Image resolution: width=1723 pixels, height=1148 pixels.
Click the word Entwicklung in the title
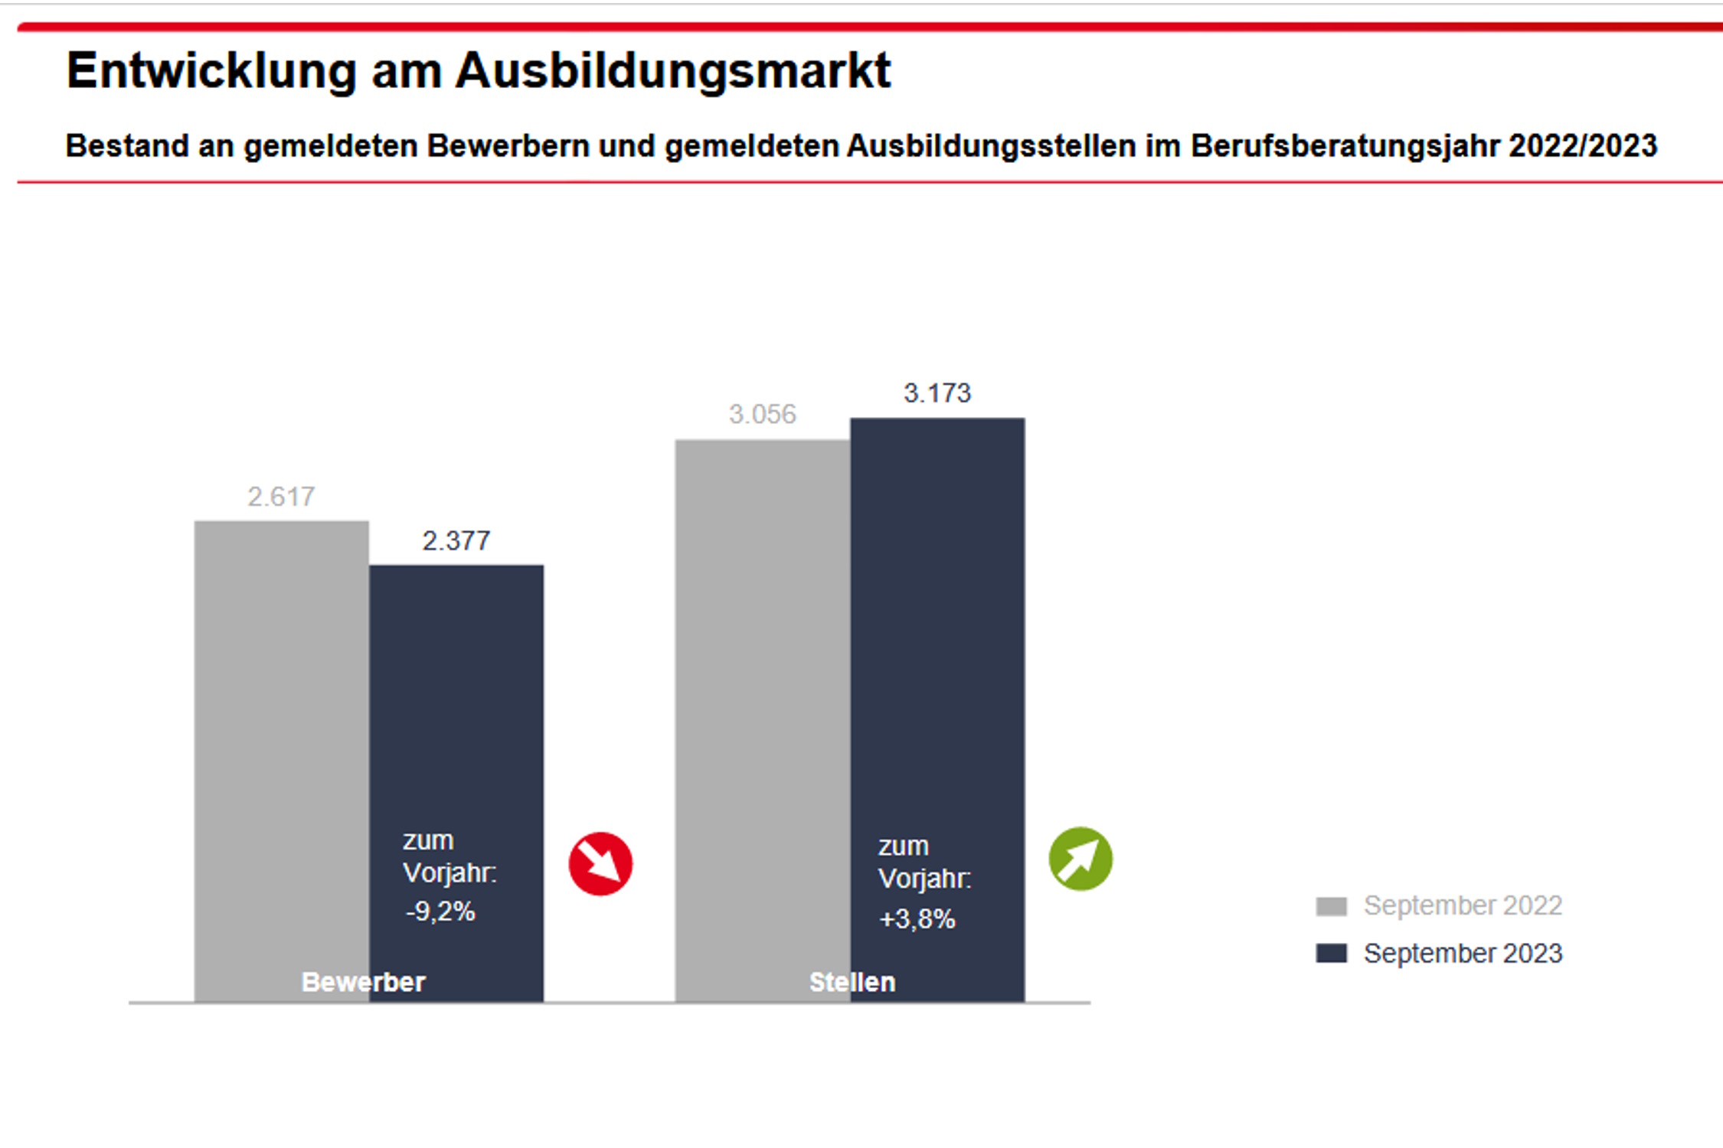(211, 71)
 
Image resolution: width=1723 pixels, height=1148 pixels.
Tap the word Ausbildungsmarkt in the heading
(673, 71)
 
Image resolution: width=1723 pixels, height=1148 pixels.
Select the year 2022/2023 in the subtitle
(1582, 146)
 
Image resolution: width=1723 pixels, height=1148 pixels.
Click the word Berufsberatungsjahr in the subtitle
(1345, 146)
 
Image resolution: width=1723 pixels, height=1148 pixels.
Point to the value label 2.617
(281, 497)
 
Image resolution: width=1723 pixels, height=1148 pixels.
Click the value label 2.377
(456, 541)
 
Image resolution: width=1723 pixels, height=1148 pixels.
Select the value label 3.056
(762, 415)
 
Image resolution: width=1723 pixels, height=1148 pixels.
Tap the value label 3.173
(937, 393)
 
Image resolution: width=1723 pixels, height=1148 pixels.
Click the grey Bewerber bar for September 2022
(281, 727)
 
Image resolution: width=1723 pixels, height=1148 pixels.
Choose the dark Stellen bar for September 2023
(937, 612)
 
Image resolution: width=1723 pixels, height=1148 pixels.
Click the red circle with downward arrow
(600, 863)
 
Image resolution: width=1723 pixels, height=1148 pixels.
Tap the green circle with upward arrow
(1080, 859)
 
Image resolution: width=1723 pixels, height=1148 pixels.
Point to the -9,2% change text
(440, 912)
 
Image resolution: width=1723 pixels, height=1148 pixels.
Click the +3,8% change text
(917, 918)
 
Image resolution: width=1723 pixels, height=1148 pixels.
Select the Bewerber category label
(363, 982)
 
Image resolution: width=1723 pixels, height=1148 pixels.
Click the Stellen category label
(852, 982)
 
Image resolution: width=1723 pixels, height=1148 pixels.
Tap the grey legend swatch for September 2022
(1331, 906)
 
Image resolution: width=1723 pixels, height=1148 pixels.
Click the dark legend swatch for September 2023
(1331, 954)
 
